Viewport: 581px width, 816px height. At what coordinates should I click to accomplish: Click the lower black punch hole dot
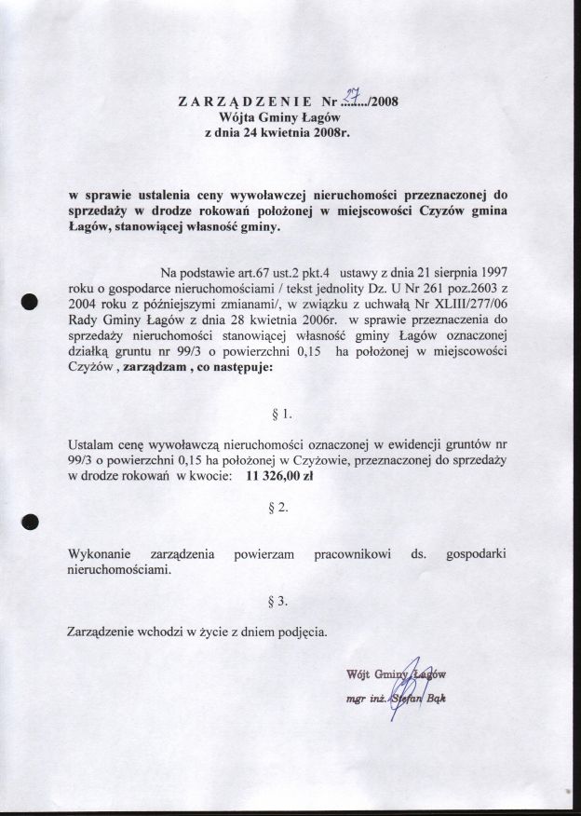coord(29,522)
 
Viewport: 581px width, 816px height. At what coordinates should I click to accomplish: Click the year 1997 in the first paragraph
coord(487,273)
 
